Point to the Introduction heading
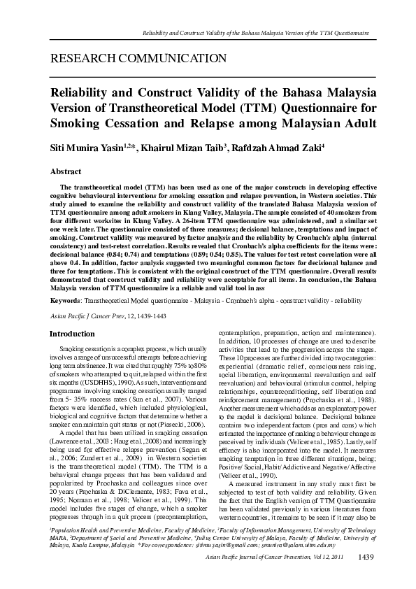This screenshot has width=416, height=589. click(x=76, y=334)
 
